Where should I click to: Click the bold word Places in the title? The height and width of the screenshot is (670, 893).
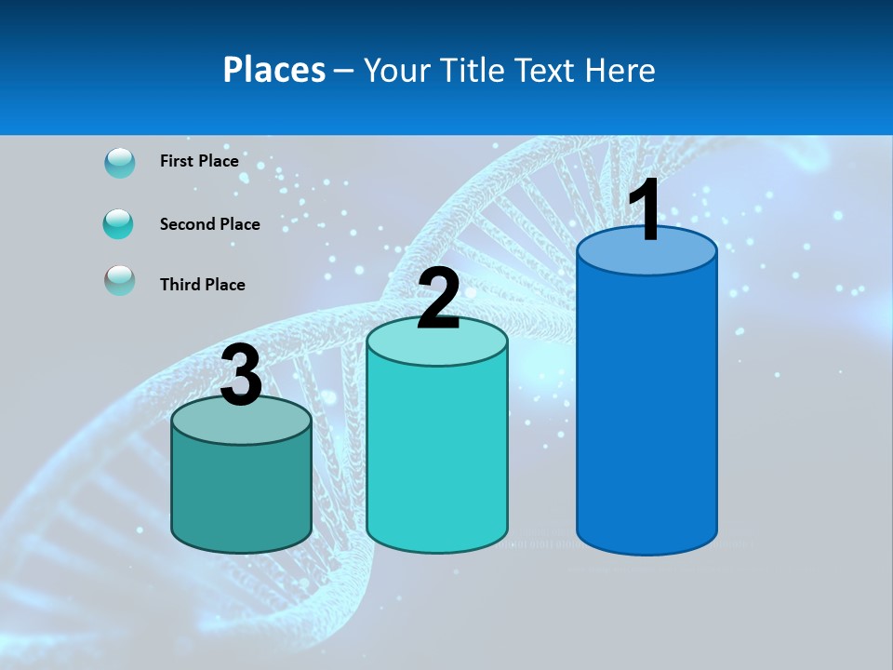pos(274,70)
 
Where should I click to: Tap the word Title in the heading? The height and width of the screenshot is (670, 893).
pos(471,70)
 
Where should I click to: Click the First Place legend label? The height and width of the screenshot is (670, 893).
pos(199,161)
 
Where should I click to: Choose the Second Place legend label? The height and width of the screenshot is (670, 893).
pos(209,224)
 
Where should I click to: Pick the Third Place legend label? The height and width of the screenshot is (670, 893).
pos(202,285)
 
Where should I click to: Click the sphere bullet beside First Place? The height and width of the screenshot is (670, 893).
pos(120,163)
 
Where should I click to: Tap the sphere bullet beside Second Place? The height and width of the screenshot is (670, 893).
pos(119,224)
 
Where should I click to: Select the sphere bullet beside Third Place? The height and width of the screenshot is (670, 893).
pos(120,280)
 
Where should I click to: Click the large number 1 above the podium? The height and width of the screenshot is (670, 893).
pos(645,210)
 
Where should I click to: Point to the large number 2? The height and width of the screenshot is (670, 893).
pos(438,300)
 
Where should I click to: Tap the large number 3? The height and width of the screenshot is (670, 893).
pos(241,376)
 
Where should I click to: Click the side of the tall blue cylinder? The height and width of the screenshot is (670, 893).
pos(646,409)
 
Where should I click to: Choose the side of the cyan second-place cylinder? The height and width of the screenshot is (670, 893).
pos(437,456)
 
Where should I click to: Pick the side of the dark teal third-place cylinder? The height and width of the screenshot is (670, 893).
pos(241,493)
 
